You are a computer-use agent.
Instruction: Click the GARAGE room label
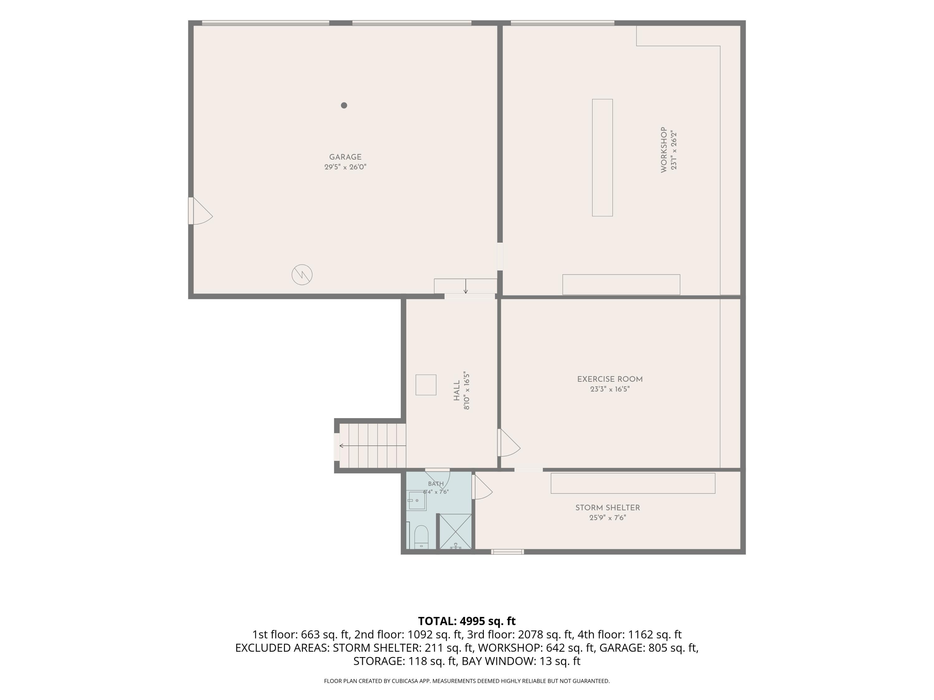tap(345, 157)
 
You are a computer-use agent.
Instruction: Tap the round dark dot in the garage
tap(344, 105)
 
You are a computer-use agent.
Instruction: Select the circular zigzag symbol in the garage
tap(302, 275)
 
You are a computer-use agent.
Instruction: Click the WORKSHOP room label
tap(663, 150)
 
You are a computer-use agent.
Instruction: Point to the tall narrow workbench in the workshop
tap(602, 158)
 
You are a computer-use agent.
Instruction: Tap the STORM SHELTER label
tap(608, 508)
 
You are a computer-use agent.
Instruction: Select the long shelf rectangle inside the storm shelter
tap(633, 483)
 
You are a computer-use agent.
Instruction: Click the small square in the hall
tap(426, 385)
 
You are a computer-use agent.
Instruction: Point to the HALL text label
tap(456, 391)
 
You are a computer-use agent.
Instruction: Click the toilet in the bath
tap(422, 537)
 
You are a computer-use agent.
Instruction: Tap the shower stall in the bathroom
tap(455, 532)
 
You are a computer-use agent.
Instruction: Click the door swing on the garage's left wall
tap(200, 211)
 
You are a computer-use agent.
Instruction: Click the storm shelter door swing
tap(482, 487)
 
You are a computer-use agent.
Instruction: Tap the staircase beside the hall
tap(372, 446)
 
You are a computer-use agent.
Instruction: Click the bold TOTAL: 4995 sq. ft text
tap(467, 621)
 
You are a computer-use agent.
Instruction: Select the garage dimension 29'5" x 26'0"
tap(345, 167)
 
